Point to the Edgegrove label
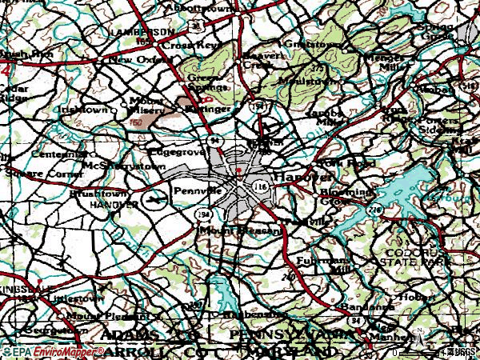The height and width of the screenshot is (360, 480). pyautogui.click(x=172, y=150)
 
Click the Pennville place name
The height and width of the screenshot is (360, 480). pyautogui.click(x=198, y=193)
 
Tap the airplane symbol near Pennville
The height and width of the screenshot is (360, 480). pyautogui.click(x=152, y=197)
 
